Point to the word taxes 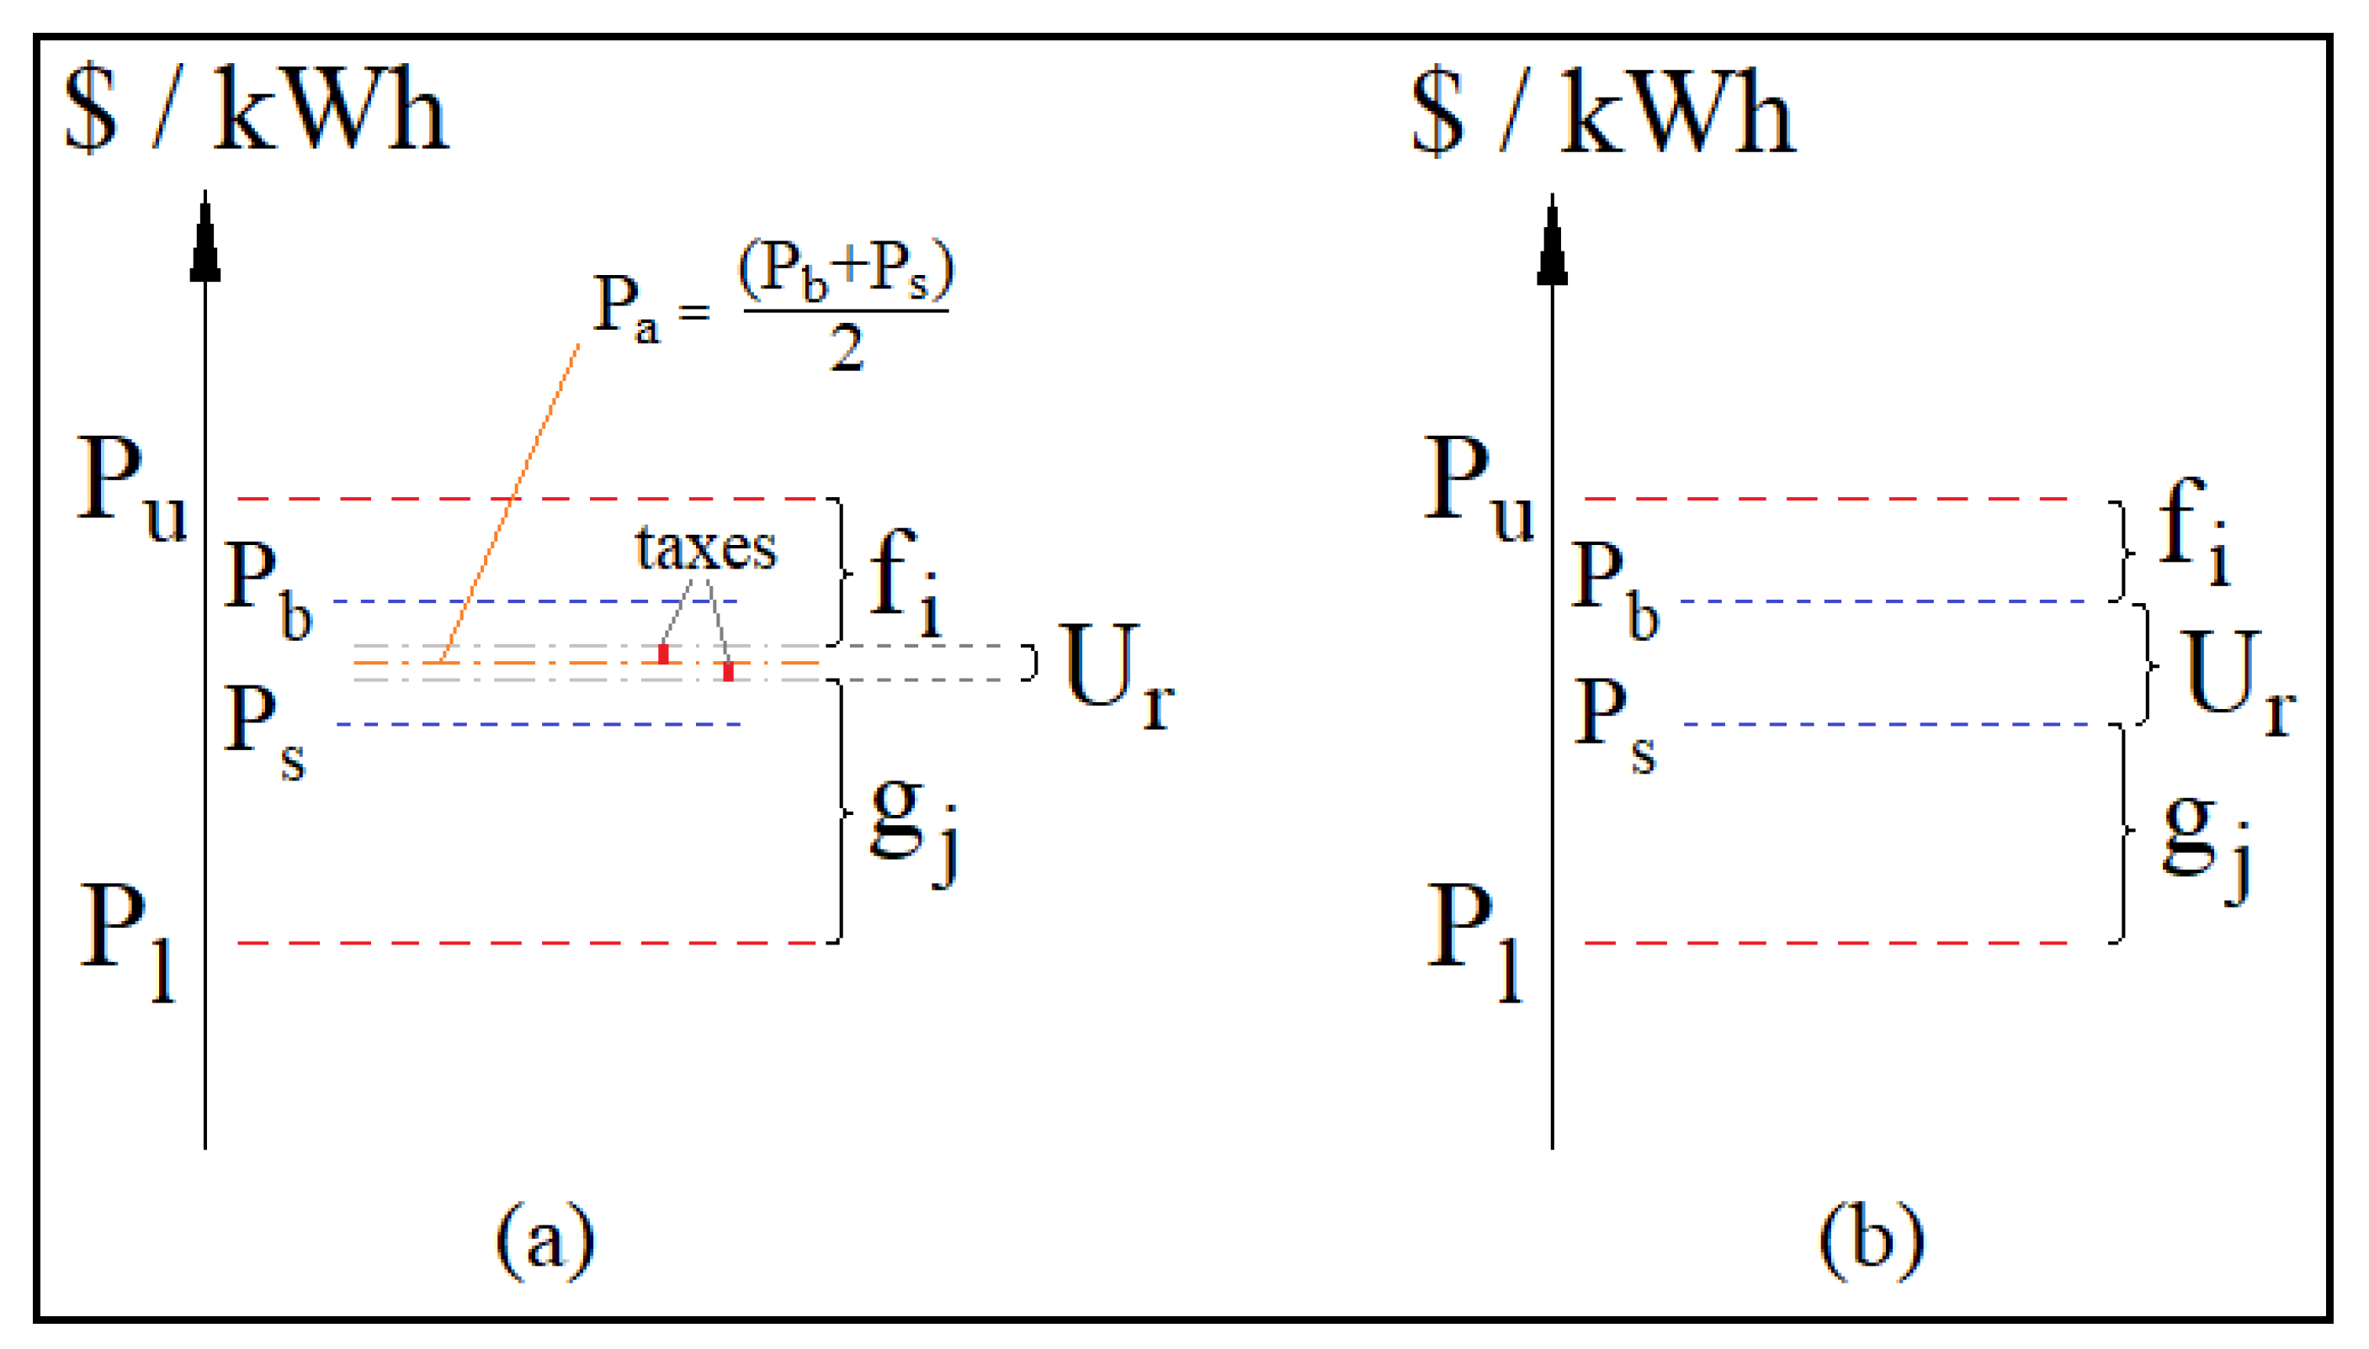(705, 548)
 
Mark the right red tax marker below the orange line (729, 672)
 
